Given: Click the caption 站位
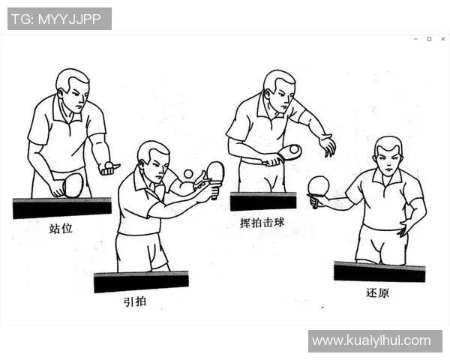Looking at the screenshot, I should (61, 227).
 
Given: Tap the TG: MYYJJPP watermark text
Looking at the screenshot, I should (59, 19).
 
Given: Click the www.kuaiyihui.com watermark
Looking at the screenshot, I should (371, 340).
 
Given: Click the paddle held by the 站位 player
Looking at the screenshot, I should (73, 184).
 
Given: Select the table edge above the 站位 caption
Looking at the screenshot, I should (61, 207).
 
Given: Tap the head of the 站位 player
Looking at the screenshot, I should (73, 88).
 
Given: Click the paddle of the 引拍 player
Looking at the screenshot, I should (214, 172).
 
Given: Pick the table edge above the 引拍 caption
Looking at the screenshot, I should (141, 282).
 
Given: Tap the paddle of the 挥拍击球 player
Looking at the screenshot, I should (289, 152).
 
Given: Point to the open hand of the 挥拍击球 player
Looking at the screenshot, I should (327, 145).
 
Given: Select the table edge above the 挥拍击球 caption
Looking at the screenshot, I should (262, 201).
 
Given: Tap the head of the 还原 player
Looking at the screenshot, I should (388, 155).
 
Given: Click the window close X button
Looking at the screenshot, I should (442, 38).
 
